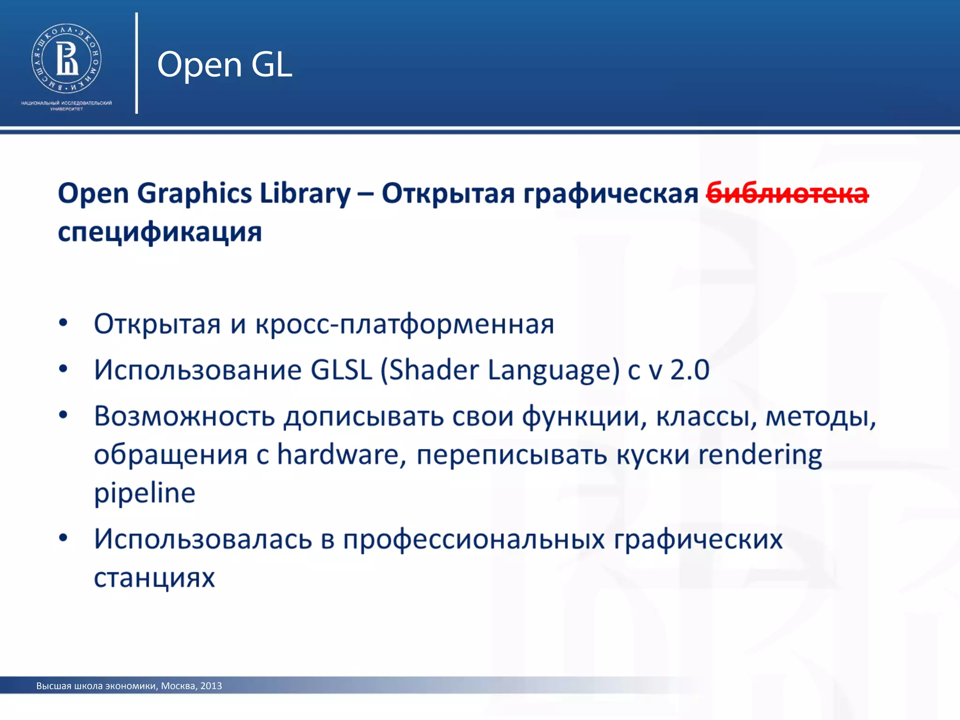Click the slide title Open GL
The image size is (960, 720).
coord(225,64)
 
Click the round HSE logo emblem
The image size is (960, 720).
coord(66,59)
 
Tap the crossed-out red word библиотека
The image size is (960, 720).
coord(787,194)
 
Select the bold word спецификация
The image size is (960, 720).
coord(160,232)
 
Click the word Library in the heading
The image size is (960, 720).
coord(305,194)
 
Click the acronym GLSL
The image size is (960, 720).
coord(341,370)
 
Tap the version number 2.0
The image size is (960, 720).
coord(690,370)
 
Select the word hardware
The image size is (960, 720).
coord(338,454)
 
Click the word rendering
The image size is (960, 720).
coord(760,454)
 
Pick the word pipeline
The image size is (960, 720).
coord(144,493)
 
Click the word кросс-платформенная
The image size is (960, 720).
coord(405,324)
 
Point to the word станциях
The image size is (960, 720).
coord(154,577)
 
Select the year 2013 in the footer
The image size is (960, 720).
coord(211,686)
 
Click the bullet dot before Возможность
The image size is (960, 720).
coord(63,414)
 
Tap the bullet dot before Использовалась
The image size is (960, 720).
coord(63,538)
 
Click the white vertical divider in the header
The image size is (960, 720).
coord(136,63)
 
